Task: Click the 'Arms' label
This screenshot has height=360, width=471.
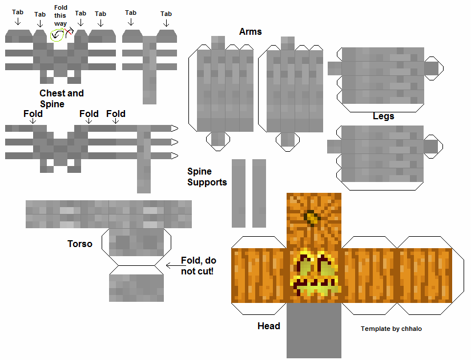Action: [251, 31]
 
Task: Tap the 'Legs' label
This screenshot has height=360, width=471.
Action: [383, 116]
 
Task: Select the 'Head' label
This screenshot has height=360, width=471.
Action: [268, 326]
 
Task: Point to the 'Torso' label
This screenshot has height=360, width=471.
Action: [79, 244]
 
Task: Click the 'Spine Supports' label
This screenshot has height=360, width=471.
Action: [207, 177]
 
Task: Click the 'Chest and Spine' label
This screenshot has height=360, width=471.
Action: [61, 98]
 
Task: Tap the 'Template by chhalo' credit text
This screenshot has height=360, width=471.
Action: [391, 329]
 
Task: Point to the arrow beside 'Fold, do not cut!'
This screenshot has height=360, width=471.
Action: [172, 265]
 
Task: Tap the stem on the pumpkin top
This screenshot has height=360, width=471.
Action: [312, 217]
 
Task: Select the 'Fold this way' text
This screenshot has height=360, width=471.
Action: [61, 15]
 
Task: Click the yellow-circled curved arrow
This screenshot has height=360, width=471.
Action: [57, 36]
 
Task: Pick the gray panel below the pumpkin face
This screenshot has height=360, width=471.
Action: [313, 330]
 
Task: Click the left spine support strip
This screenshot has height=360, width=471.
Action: [238, 193]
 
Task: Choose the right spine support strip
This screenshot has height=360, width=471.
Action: [259, 193]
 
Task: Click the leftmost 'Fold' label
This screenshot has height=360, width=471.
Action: [33, 114]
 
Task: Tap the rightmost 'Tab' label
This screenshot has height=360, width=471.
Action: [166, 14]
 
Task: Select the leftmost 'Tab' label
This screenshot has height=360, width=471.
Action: [17, 11]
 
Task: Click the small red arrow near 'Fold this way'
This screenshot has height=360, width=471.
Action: [70, 33]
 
